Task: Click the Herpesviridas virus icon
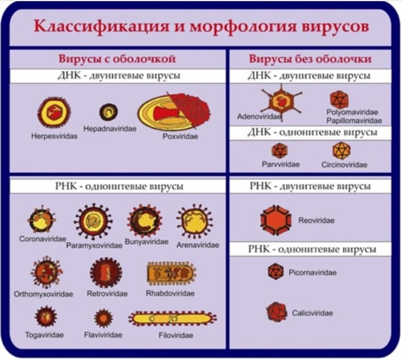point(53,112)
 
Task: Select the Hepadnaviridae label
point(110,129)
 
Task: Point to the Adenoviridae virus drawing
point(282,100)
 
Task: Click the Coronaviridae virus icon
point(42,220)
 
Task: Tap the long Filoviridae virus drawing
point(172,318)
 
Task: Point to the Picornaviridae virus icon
point(275,272)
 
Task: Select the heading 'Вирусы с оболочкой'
point(116,59)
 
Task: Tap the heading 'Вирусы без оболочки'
point(310,59)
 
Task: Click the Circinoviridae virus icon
point(341,151)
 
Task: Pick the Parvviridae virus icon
point(279,151)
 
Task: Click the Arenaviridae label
point(198,245)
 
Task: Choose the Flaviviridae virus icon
point(103,318)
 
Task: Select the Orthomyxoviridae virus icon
point(46,272)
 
